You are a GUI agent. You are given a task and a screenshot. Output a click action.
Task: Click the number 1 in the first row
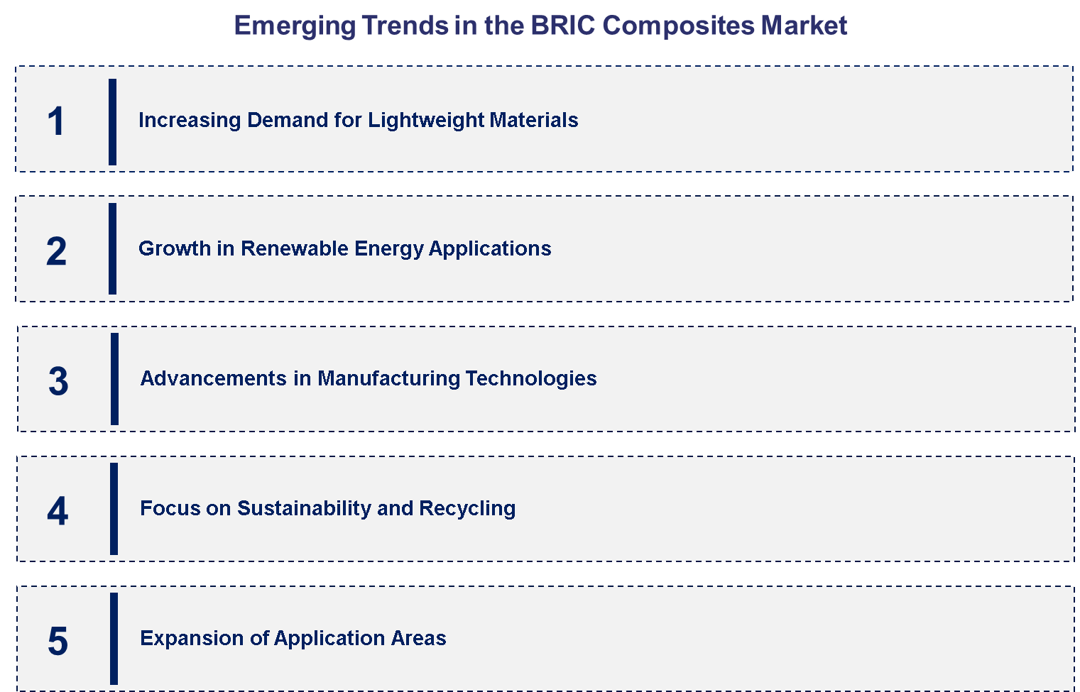(56, 121)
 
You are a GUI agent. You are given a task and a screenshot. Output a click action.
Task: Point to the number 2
(56, 251)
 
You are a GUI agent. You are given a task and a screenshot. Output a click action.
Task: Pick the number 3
(58, 381)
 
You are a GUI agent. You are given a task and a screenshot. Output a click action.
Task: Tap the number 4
(58, 511)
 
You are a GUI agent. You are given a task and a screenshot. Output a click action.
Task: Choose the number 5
(58, 641)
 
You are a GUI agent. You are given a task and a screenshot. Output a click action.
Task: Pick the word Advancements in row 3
(213, 378)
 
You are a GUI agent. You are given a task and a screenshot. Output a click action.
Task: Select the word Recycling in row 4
(467, 508)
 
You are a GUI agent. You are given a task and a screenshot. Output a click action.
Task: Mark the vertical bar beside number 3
(114, 379)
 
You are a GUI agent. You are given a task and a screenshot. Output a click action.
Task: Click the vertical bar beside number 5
(114, 638)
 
